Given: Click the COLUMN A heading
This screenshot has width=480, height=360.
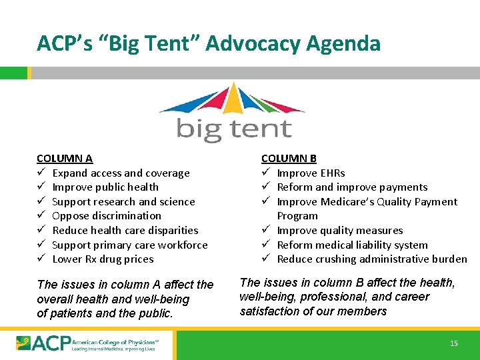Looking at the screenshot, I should pyautogui.click(x=65, y=159).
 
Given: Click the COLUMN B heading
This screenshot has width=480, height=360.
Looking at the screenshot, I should pyautogui.click(x=289, y=159).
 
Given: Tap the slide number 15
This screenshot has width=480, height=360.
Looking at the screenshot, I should pyautogui.click(x=454, y=343).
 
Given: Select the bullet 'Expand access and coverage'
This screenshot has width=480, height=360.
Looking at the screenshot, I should pyautogui.click(x=121, y=173).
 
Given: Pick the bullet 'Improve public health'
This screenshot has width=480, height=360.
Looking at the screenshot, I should pyautogui.click(x=105, y=187).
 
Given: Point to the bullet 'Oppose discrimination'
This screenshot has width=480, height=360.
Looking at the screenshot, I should pyautogui.click(x=107, y=216).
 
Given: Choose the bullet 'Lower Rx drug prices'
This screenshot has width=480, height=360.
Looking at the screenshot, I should pyautogui.click(x=103, y=259).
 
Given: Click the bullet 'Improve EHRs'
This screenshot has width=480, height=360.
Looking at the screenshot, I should pyautogui.click(x=311, y=173).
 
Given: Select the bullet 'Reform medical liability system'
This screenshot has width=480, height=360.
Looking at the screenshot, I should pyautogui.click(x=353, y=245).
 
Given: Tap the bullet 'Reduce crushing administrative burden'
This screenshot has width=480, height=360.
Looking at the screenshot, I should pyautogui.click(x=372, y=259).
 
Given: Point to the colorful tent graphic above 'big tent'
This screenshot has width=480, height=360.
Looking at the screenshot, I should pyautogui.click(x=231, y=100).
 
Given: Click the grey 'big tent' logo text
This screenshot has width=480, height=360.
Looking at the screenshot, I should pyautogui.click(x=234, y=129).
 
